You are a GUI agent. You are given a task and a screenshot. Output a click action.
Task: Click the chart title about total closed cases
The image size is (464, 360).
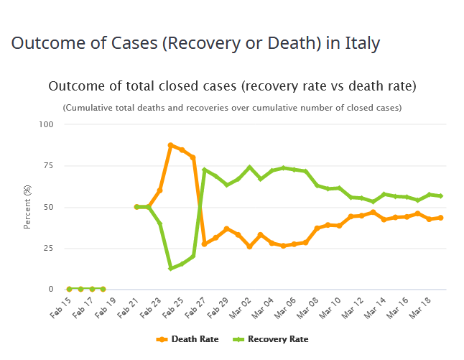click(x=232, y=87)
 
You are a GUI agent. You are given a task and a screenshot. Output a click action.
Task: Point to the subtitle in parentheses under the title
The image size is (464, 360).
click(x=232, y=108)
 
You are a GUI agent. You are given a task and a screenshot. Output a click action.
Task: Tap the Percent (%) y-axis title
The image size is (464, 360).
click(x=27, y=208)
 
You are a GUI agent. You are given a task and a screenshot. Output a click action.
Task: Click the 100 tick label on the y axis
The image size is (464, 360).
click(x=47, y=124)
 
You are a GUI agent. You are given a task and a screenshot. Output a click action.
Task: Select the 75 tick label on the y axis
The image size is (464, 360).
click(x=49, y=166)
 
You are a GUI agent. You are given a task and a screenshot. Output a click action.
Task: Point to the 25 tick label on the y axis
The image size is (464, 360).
click(x=49, y=249)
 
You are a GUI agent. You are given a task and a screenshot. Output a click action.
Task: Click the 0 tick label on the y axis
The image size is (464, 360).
click(x=51, y=290)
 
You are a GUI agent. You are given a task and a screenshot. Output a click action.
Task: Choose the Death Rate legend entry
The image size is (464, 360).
click(x=185, y=338)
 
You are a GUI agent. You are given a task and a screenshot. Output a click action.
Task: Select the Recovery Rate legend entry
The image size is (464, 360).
click(x=272, y=338)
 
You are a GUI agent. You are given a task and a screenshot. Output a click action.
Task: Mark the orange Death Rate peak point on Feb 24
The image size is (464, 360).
click(x=171, y=145)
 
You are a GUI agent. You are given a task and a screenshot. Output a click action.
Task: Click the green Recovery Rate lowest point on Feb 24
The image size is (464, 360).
click(x=171, y=268)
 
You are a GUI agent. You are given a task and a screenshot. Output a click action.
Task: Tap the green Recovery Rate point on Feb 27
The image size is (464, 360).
click(x=205, y=170)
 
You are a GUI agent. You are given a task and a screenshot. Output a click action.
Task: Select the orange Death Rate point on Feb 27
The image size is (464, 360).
click(x=205, y=244)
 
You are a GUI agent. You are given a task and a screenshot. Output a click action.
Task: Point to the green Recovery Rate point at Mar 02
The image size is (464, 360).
click(x=250, y=168)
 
